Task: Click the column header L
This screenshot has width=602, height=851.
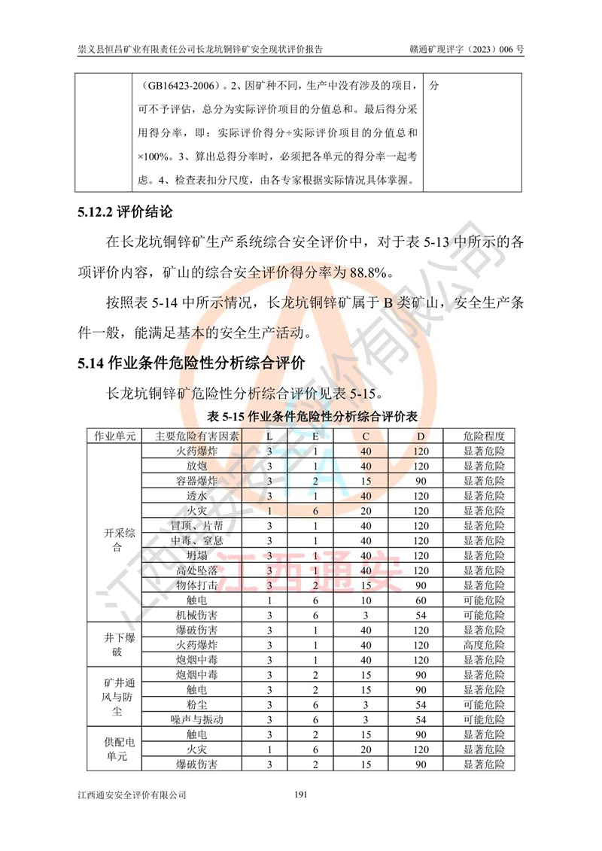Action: point(269,436)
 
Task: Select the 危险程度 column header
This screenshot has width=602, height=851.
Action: point(484,436)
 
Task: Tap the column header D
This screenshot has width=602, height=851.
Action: point(421,436)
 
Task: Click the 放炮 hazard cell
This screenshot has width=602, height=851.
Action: point(196,466)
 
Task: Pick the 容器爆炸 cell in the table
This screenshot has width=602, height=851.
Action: point(196,481)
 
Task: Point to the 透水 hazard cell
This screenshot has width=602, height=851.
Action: point(196,496)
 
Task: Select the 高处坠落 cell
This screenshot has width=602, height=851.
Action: point(196,570)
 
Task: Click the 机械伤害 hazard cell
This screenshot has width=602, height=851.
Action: point(196,615)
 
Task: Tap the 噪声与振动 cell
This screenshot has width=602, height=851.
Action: point(196,719)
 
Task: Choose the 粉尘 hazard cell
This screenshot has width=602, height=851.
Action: point(196,704)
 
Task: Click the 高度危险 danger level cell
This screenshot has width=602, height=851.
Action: point(484,645)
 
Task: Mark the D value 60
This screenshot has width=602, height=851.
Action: point(421,600)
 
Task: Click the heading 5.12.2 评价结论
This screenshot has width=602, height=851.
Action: point(124,211)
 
